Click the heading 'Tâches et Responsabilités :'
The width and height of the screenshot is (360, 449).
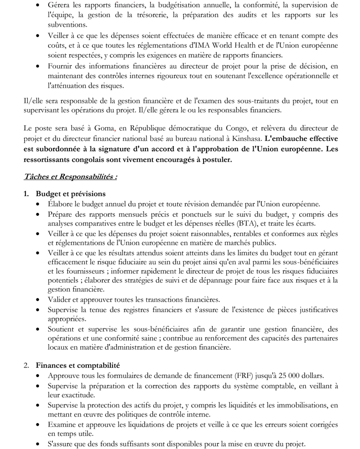71,177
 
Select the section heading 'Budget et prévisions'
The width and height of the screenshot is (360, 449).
71,194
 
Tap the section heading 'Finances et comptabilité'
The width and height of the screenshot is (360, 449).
77,364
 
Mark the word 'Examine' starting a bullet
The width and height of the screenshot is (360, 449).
63,425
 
